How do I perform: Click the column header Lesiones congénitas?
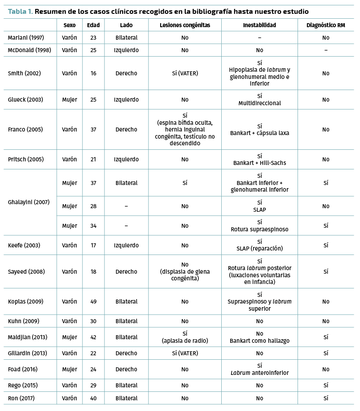coord(185,25)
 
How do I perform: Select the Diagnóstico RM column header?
coord(326,25)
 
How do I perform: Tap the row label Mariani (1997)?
coord(26,38)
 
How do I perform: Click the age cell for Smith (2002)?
coord(93,73)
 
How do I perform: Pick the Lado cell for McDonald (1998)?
coord(126,50)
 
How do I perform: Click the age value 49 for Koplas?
coord(93,302)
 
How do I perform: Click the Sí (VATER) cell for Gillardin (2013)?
coord(185,353)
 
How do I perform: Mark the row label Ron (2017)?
coord(21,398)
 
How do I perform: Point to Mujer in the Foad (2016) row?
coord(70,370)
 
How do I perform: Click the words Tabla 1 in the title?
coord(20,11)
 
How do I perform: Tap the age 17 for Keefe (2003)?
coord(93,245)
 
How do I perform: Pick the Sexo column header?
coord(70,25)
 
